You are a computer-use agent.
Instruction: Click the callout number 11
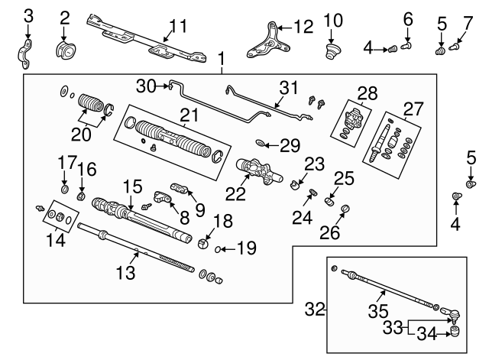(x=177, y=27)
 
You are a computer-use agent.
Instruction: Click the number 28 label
(x=368, y=94)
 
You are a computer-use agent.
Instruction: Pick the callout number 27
(x=413, y=109)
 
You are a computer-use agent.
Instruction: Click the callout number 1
(x=222, y=59)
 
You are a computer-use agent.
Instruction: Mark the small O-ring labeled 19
(x=219, y=249)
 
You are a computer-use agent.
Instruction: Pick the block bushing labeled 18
(x=204, y=244)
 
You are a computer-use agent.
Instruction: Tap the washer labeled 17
(x=64, y=188)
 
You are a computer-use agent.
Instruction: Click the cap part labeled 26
(x=344, y=209)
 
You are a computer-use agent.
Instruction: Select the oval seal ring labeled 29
(x=262, y=142)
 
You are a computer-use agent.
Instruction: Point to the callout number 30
(x=145, y=85)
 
